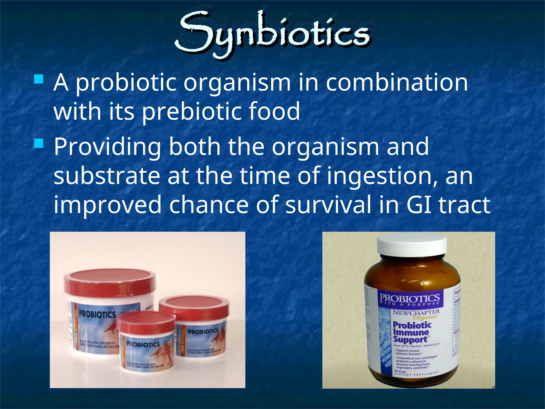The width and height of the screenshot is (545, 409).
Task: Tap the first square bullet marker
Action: tap(39, 79)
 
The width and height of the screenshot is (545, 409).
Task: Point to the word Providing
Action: tap(107, 147)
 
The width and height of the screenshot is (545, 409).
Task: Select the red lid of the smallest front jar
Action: tap(146, 322)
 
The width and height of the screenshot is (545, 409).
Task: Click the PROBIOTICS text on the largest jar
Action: tap(97, 314)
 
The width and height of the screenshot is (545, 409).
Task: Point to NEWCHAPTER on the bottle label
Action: tap(416, 312)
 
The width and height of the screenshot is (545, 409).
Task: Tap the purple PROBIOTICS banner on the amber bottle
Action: tap(409, 299)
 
